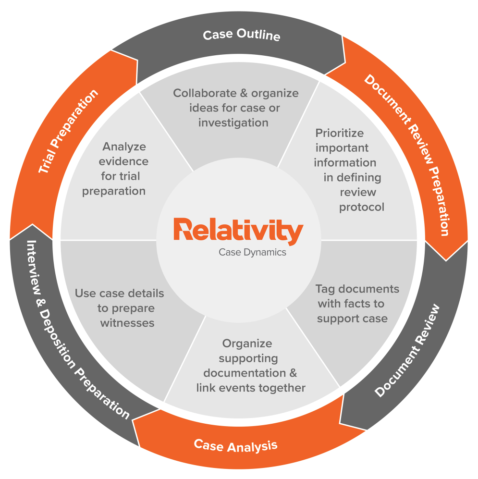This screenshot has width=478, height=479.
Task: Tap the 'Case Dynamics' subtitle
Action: [x=252, y=252]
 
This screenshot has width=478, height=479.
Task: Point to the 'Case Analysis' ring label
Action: [x=235, y=446]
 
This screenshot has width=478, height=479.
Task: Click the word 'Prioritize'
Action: [x=340, y=133]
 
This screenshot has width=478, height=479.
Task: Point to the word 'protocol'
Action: [x=362, y=207]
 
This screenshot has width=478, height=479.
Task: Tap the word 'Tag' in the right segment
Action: [x=325, y=289]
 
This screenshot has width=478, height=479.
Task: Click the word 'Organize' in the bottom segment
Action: [x=247, y=343]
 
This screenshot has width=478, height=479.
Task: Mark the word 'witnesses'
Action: [x=127, y=323]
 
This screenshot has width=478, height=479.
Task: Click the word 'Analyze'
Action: [x=124, y=146]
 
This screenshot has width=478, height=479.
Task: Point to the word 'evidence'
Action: [x=125, y=161]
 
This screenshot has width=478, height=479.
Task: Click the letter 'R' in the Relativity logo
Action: [x=183, y=230]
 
